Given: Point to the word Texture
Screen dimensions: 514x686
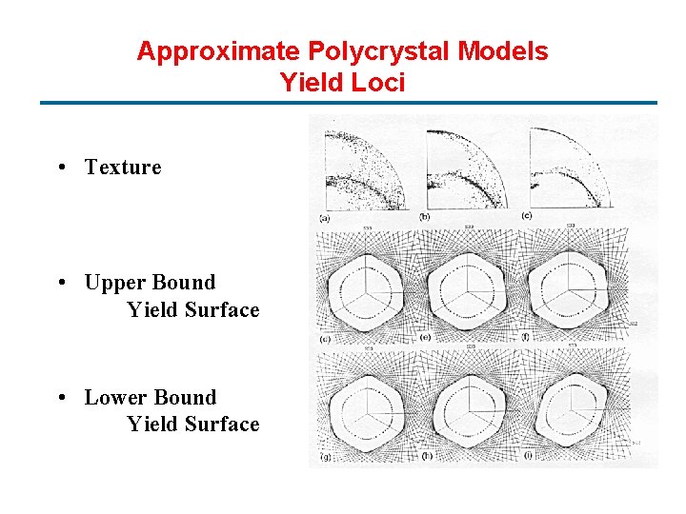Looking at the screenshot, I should tap(123, 168).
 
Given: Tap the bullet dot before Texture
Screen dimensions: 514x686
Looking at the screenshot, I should tap(60, 168).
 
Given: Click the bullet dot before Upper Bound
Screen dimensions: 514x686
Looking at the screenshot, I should tap(60, 284).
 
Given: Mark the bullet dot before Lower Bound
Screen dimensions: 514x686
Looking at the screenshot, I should tap(60, 399).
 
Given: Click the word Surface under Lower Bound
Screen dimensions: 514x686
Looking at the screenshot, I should tap(222, 425).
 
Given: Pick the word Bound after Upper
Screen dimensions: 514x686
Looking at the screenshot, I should tap(184, 283).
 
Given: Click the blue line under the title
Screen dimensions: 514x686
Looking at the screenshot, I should tap(348, 103).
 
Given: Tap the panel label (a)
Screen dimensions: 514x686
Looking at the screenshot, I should tap(325, 217).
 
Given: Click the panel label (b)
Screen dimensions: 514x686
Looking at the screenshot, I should tap(425, 217).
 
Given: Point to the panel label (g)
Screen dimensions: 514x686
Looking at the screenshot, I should tap(326, 457).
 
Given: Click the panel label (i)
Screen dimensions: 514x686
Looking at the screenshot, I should tap(527, 457).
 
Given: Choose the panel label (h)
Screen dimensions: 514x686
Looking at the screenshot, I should tap(426, 457).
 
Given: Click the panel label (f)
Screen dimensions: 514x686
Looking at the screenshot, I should tap(526, 337).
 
